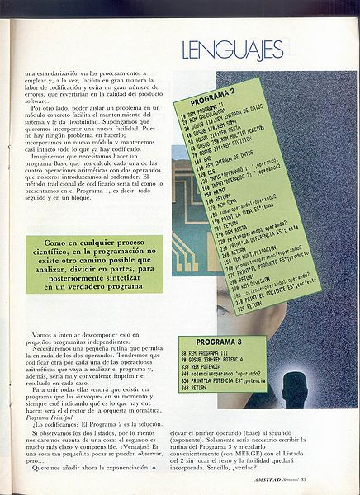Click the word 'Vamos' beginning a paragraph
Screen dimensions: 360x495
pos(45,334)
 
